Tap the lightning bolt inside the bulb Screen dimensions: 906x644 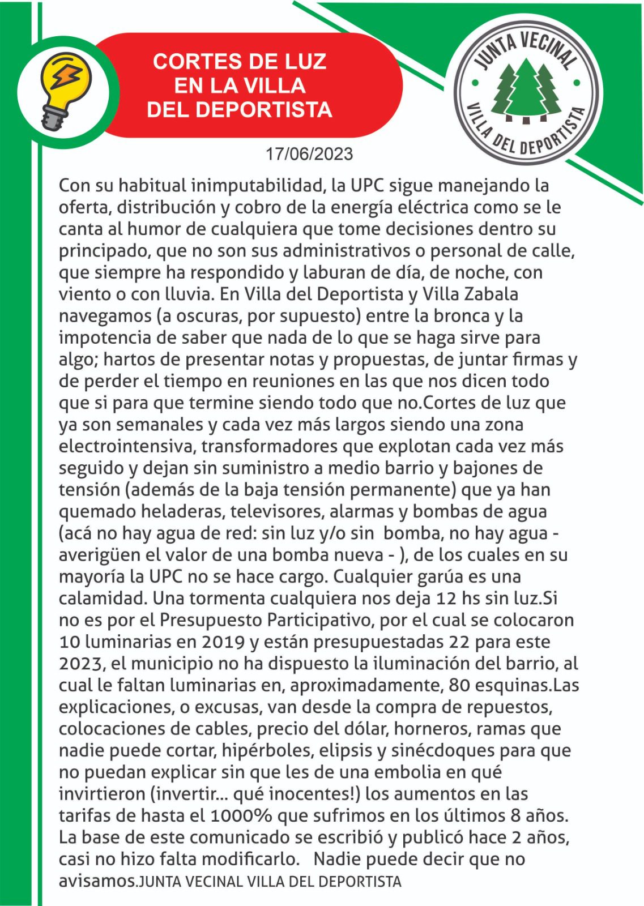67,79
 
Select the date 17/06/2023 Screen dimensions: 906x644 309,154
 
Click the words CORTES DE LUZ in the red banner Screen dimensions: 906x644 240,61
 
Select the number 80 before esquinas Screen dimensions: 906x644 459,685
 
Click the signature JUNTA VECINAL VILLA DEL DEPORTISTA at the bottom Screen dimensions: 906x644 270,882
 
